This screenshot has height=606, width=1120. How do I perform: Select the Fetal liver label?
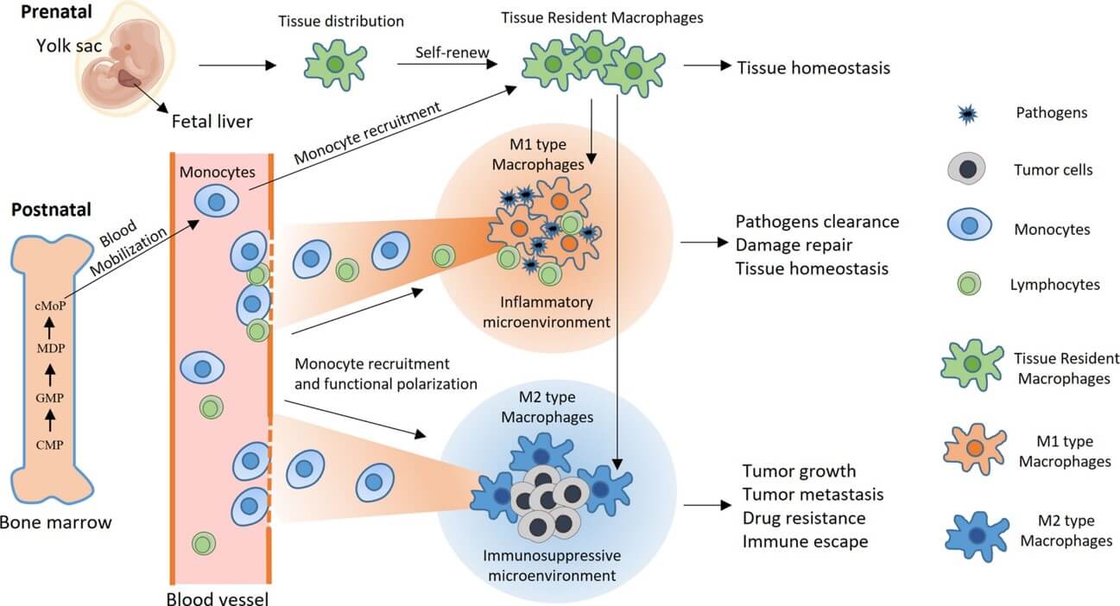[x=212, y=122]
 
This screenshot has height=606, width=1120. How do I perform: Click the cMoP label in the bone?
[x=49, y=304]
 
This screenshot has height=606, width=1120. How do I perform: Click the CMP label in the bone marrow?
[x=49, y=445]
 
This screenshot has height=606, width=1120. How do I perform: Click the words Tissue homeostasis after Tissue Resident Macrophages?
[x=812, y=67]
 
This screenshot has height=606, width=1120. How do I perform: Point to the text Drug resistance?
[x=803, y=518]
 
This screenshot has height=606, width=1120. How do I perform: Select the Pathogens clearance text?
[x=816, y=222]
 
